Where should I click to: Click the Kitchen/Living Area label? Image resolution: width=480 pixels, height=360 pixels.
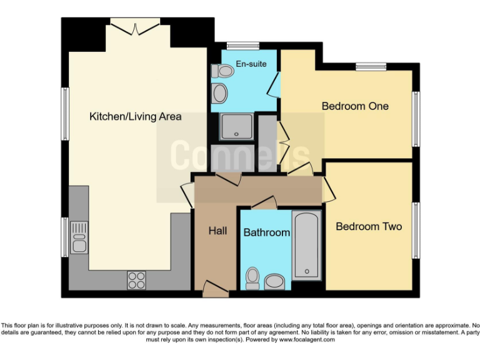click(136, 116)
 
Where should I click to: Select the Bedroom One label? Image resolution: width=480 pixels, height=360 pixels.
click(355, 106)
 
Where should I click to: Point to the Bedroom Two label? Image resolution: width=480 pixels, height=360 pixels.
click(369, 226)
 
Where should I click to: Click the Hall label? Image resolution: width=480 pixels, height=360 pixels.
click(217, 231)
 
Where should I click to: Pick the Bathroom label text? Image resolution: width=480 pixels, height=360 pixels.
click(267, 232)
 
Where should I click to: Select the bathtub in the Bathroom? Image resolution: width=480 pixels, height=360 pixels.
click(306, 245)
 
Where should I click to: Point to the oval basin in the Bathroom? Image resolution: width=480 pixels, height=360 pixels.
click(275, 282)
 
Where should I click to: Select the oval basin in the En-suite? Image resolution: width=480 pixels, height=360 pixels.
click(220, 94)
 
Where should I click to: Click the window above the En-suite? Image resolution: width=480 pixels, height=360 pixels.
click(237, 45)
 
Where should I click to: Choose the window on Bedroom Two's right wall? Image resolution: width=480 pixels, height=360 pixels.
click(415, 230)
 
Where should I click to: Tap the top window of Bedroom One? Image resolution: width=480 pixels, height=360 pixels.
click(371, 67)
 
